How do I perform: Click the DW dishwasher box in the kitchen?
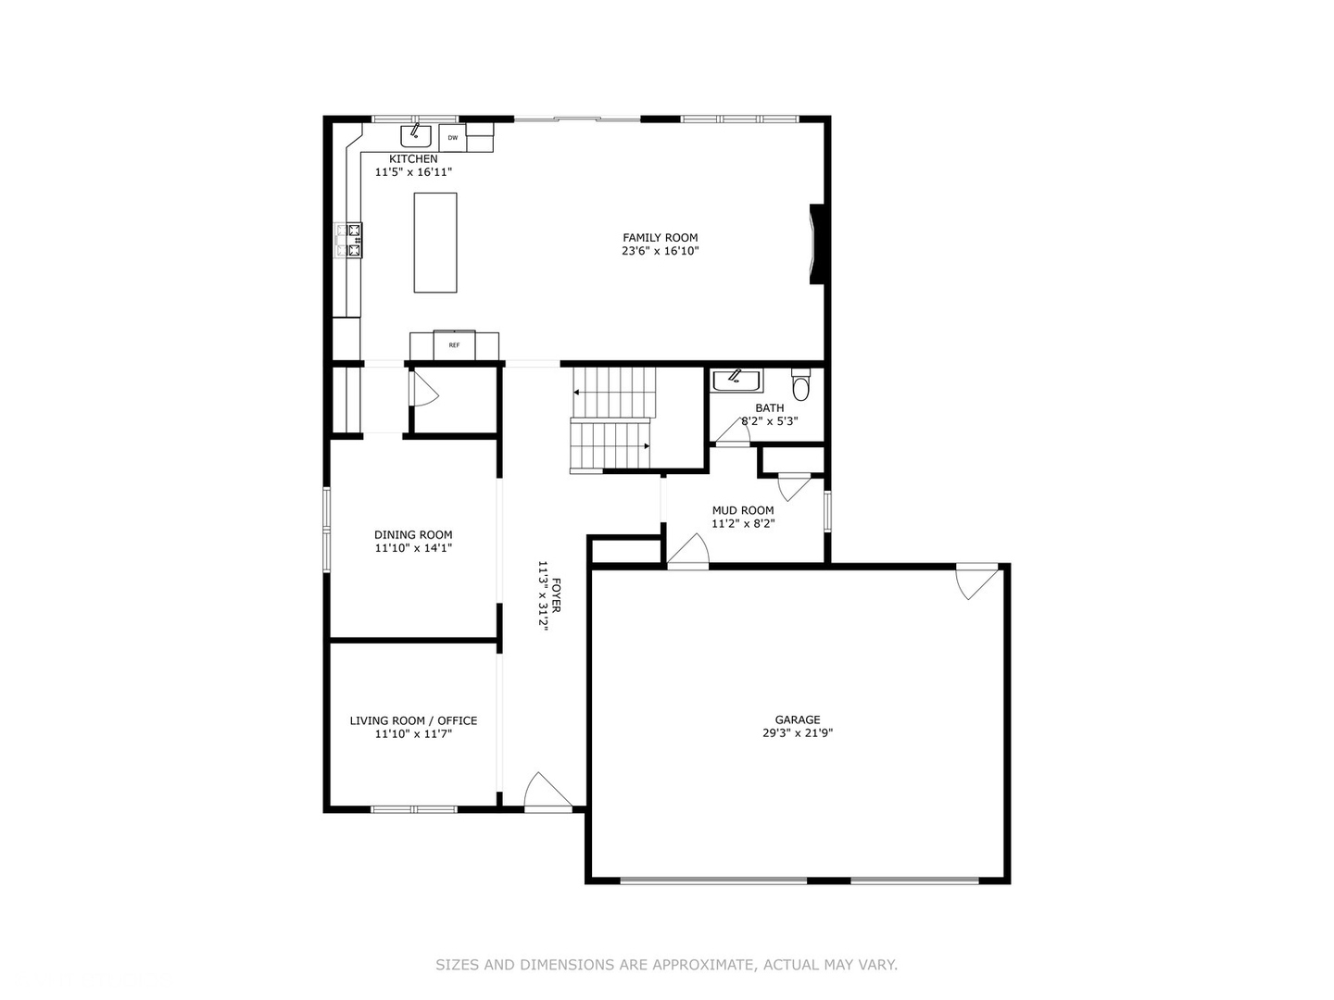pos(452,138)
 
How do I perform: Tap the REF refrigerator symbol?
pos(454,345)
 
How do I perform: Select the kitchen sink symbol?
pos(416,135)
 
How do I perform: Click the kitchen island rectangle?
pos(434,243)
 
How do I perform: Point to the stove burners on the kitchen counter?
pos(353,240)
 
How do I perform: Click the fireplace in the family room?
pos(816,244)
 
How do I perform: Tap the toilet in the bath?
pos(801,384)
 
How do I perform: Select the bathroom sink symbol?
pos(736,380)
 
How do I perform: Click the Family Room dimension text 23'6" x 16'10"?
pos(660,251)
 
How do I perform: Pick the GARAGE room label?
pos(798,719)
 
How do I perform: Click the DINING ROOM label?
pos(413,534)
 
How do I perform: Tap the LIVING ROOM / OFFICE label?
pos(413,720)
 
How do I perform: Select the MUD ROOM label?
pos(743,510)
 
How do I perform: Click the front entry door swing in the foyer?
pos(547,793)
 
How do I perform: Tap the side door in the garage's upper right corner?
pos(978,581)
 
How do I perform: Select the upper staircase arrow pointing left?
pos(577,393)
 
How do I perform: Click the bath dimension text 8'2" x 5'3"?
pos(770,421)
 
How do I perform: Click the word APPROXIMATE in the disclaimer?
pos(703,965)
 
